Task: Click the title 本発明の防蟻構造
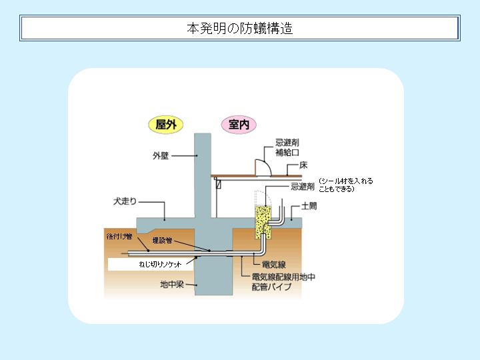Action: pyautogui.click(x=240, y=28)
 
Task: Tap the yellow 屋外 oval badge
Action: pyautogui.click(x=165, y=125)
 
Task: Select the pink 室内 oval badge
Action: pyautogui.click(x=239, y=125)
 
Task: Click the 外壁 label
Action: pyautogui.click(x=161, y=155)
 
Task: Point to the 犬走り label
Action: pyautogui.click(x=125, y=201)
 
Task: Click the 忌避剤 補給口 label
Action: pyautogui.click(x=287, y=147)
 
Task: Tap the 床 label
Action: pyautogui.click(x=303, y=165)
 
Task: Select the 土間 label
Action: pyautogui.click(x=309, y=206)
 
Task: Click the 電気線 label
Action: pyautogui.click(x=274, y=265)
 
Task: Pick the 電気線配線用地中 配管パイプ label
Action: pyautogui.click(x=283, y=281)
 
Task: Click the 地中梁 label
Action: pyautogui.click(x=172, y=285)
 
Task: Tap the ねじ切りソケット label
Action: pyautogui.click(x=160, y=264)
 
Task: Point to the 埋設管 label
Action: pyautogui.click(x=162, y=240)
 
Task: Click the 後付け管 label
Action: pyautogui.click(x=119, y=236)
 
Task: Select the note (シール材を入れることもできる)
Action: pyautogui.click(x=346, y=185)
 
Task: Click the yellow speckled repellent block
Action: pyautogui.click(x=263, y=222)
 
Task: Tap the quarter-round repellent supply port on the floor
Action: pyautogui.click(x=263, y=168)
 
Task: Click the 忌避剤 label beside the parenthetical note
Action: pyautogui.click(x=303, y=187)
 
